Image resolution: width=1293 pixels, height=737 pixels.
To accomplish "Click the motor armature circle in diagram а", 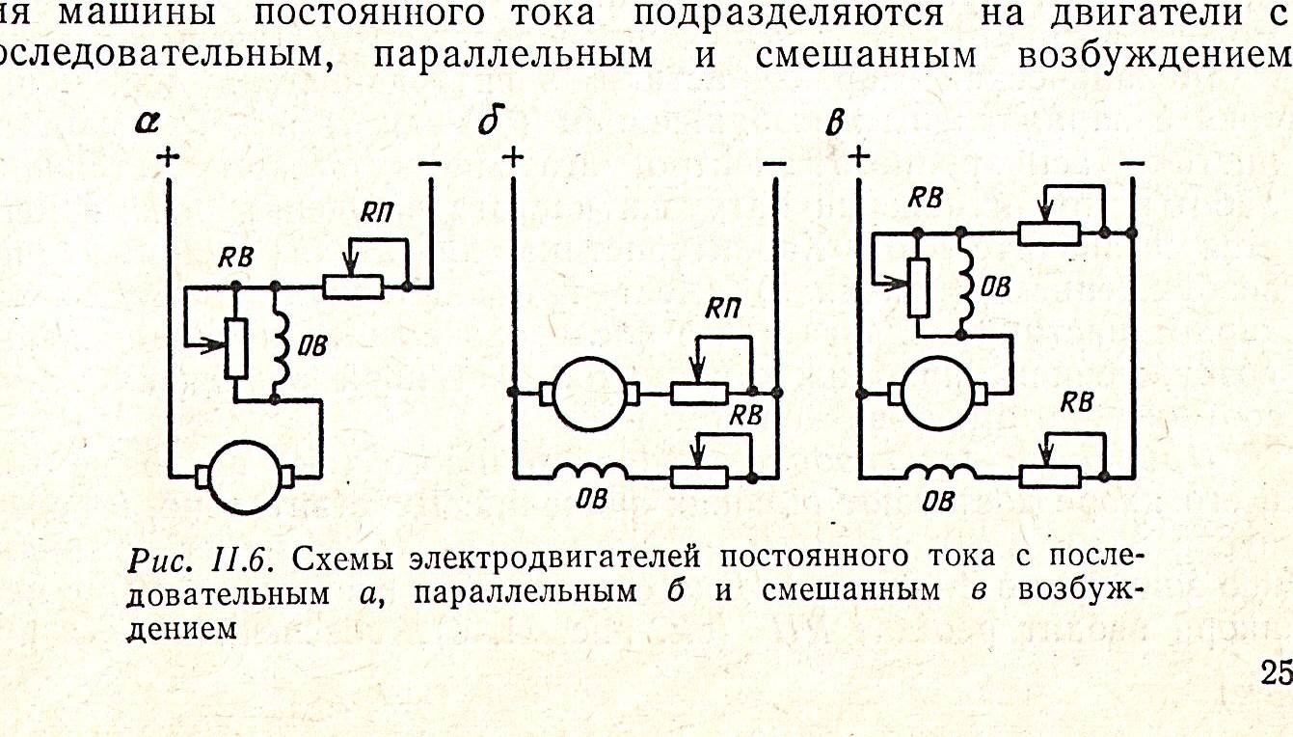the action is [246, 478].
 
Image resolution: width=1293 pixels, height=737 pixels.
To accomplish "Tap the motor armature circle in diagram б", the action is [590, 394].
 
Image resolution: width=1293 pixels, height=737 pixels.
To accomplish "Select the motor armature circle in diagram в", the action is [938, 394].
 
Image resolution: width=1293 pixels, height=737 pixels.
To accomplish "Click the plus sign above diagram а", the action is [168, 156].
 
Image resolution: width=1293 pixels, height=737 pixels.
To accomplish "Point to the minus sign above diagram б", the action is [774, 164].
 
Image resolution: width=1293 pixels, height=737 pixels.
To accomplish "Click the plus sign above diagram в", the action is [859, 156].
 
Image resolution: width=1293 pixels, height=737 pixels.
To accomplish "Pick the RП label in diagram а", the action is [376, 213].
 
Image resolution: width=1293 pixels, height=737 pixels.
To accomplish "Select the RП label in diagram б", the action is [722, 310].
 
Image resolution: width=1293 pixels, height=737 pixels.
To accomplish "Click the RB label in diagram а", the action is [235, 258].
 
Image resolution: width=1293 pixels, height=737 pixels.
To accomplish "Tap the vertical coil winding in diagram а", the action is [281, 342].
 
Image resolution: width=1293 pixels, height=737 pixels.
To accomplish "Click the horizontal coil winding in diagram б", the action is [590, 471].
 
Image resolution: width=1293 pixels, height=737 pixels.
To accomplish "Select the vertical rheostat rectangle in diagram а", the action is [235, 348].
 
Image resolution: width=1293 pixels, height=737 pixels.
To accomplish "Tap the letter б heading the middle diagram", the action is [491, 120].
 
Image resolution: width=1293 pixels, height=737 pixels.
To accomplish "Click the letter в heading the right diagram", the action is [835, 123].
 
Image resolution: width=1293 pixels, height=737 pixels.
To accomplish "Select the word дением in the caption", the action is [182, 628].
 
